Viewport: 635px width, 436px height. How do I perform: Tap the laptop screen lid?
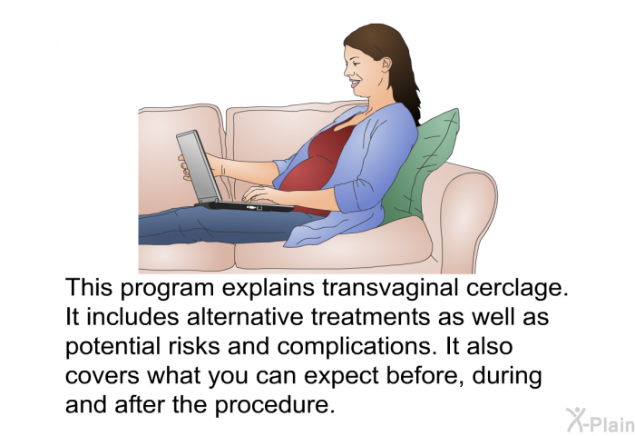pyautogui.click(x=198, y=166)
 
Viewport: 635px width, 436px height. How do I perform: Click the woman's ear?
pyautogui.click(x=386, y=64)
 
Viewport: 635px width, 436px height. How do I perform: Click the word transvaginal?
pyautogui.click(x=390, y=288)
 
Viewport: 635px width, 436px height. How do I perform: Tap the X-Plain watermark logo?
pyautogui.click(x=601, y=420)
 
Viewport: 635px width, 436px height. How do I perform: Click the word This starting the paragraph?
pyautogui.click(x=89, y=288)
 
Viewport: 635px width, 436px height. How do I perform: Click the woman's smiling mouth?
pyautogui.click(x=356, y=84)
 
